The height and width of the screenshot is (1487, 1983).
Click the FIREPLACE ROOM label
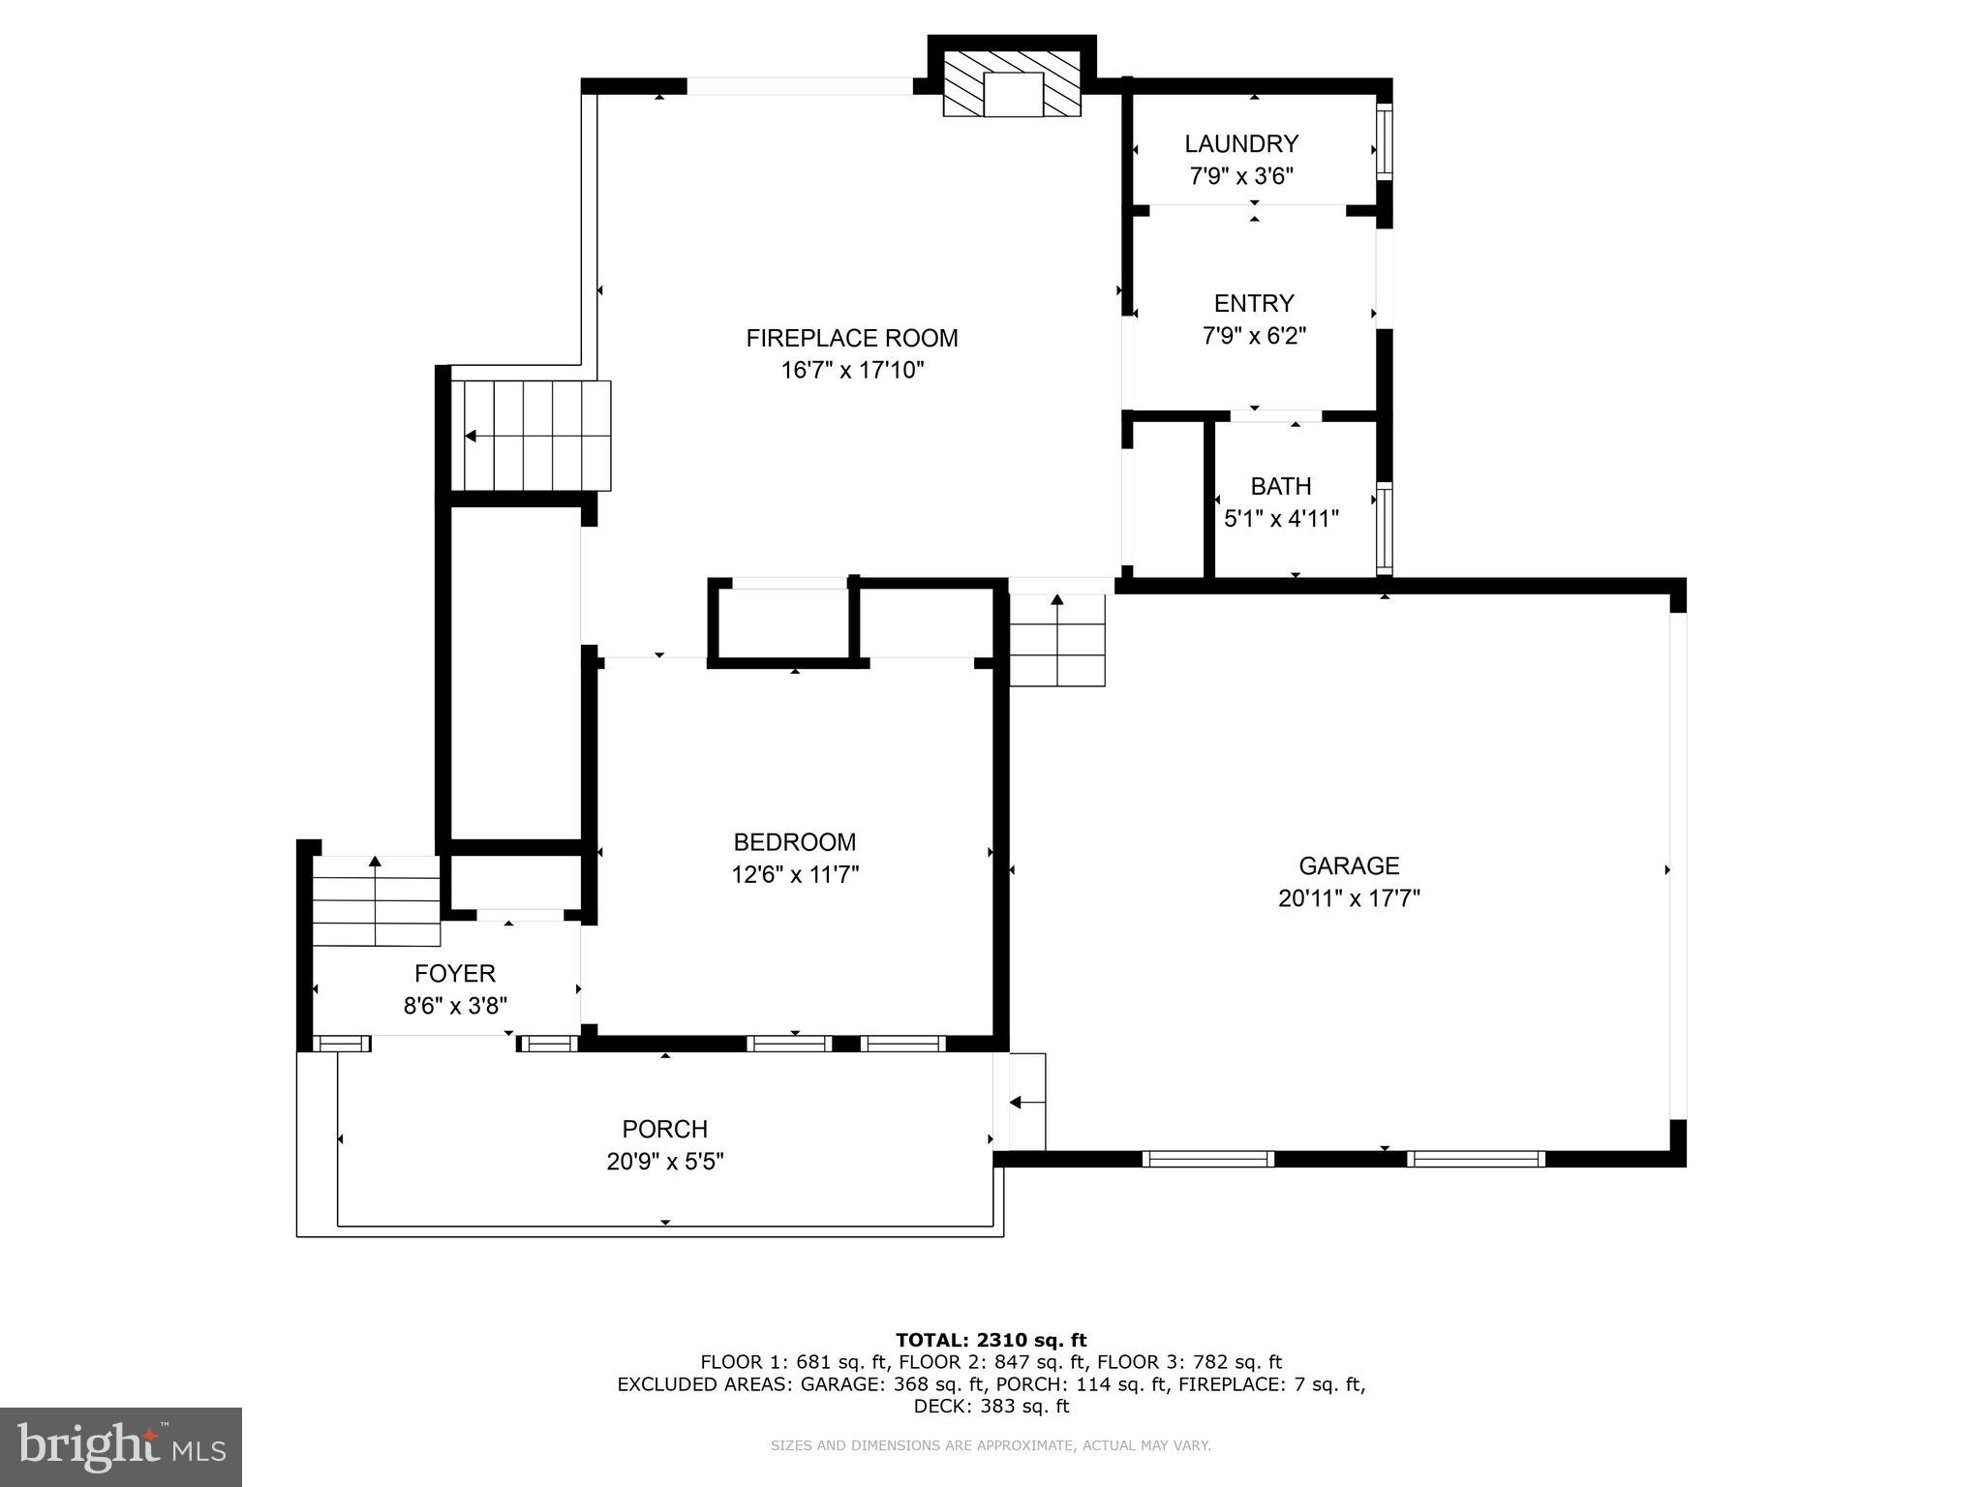851,338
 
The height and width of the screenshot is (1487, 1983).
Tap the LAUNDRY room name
1240,144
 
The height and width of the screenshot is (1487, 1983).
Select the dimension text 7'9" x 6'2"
1254,336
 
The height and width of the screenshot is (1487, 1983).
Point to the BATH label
1280,486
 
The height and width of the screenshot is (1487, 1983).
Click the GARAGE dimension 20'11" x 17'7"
1349,898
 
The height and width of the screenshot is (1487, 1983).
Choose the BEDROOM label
794,842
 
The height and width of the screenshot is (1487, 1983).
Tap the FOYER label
454,974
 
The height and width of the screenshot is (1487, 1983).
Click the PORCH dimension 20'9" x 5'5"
665,1161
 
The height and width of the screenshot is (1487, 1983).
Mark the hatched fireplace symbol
1012,85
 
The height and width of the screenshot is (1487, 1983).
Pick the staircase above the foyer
376,901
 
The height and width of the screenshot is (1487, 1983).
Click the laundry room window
1385,141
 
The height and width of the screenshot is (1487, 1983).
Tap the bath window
1385,529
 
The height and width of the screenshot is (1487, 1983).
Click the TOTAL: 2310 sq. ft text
991,1340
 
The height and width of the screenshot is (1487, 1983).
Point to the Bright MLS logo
121,1447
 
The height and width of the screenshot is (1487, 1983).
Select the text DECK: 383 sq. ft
991,1407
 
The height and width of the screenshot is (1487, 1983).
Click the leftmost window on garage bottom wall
1207,1159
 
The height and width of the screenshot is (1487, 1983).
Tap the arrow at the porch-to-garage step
1025,1102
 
